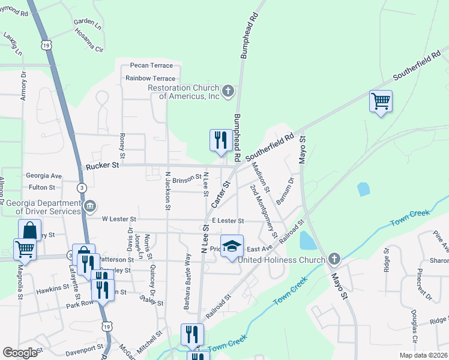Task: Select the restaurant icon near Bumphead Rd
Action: [x=220, y=140]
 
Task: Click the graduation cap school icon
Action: [x=232, y=246]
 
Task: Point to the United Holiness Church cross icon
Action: [x=334, y=260]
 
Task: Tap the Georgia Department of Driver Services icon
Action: [x=90, y=206]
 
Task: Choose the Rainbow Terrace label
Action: [x=150, y=79]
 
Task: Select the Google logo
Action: [x=20, y=353]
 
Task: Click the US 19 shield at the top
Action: [x=47, y=45]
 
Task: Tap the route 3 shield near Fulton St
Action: [x=81, y=188]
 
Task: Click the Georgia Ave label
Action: [x=44, y=176]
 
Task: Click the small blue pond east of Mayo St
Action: [x=363, y=190]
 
